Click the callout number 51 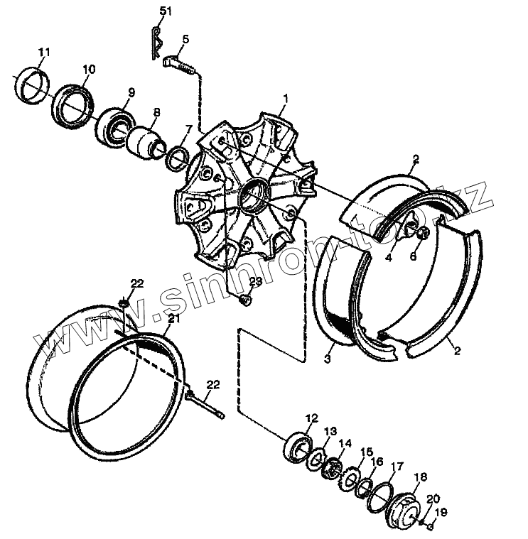pos(166,11)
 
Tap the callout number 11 pos(44,52)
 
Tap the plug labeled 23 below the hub pos(247,301)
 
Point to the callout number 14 pos(345,443)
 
